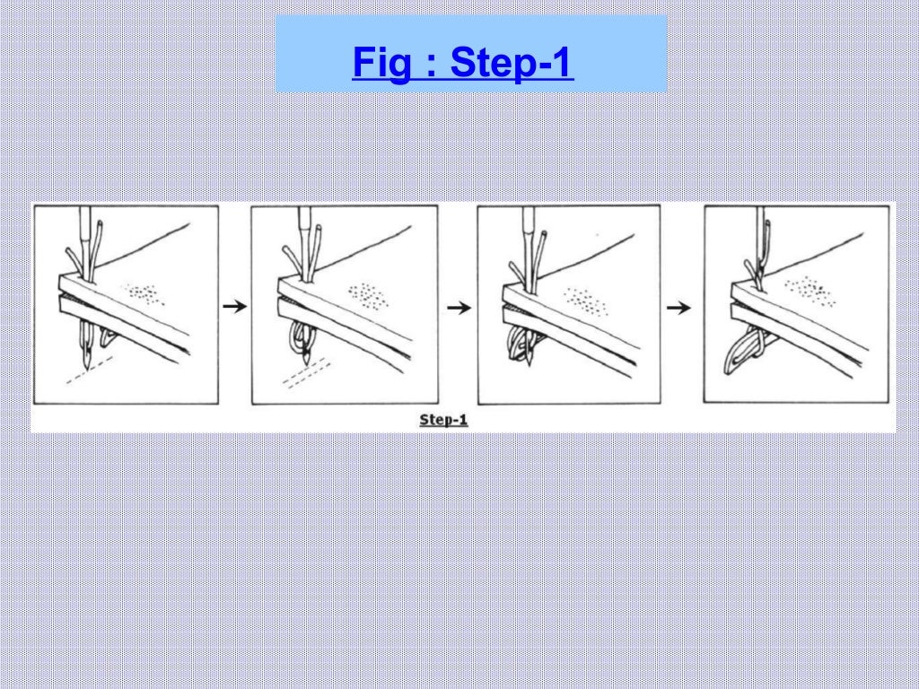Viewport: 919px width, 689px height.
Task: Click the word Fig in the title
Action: click(x=380, y=63)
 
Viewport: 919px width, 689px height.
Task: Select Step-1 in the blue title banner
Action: click(x=511, y=63)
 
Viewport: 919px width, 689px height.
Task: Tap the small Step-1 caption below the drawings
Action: click(x=444, y=419)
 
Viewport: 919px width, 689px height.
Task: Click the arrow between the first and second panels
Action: click(x=234, y=306)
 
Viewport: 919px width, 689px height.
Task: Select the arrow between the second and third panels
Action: click(x=459, y=307)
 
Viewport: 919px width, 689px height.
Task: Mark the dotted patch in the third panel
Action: click(x=587, y=301)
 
